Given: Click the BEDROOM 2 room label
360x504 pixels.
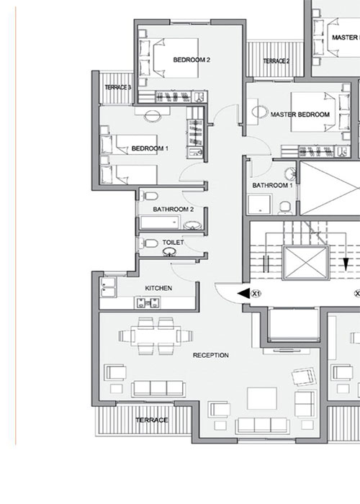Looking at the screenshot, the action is click(x=192, y=60).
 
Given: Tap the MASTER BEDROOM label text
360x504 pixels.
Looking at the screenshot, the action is click(x=300, y=114).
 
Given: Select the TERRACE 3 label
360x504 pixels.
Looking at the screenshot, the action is click(x=118, y=87).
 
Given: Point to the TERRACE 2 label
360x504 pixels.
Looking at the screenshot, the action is click(x=276, y=61).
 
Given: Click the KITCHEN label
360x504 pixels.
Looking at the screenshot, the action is click(x=158, y=288).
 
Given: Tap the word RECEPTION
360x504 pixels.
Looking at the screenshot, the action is click(x=211, y=355).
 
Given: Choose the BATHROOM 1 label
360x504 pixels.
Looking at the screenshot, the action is click(x=273, y=186).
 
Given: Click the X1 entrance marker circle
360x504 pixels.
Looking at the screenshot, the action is click(x=256, y=294).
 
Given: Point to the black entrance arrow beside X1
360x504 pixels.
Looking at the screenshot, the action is click(x=243, y=294).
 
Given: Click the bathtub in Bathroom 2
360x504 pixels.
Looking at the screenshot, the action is click(x=160, y=222).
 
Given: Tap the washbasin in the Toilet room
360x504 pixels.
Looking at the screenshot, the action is click(x=170, y=252).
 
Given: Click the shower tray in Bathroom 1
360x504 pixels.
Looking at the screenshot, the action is click(x=260, y=204).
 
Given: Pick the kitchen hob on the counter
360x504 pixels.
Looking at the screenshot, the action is click(x=148, y=302).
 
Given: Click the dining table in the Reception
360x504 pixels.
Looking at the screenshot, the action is click(x=156, y=336).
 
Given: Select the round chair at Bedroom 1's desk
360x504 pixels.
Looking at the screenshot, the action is click(x=153, y=116).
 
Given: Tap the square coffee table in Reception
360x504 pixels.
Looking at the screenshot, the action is click(x=262, y=399).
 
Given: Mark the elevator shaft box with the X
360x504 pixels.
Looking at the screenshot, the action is click(x=306, y=263).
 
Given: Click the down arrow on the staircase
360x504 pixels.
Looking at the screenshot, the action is click(x=346, y=264).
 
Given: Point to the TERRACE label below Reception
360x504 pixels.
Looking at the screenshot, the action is click(x=152, y=420).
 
